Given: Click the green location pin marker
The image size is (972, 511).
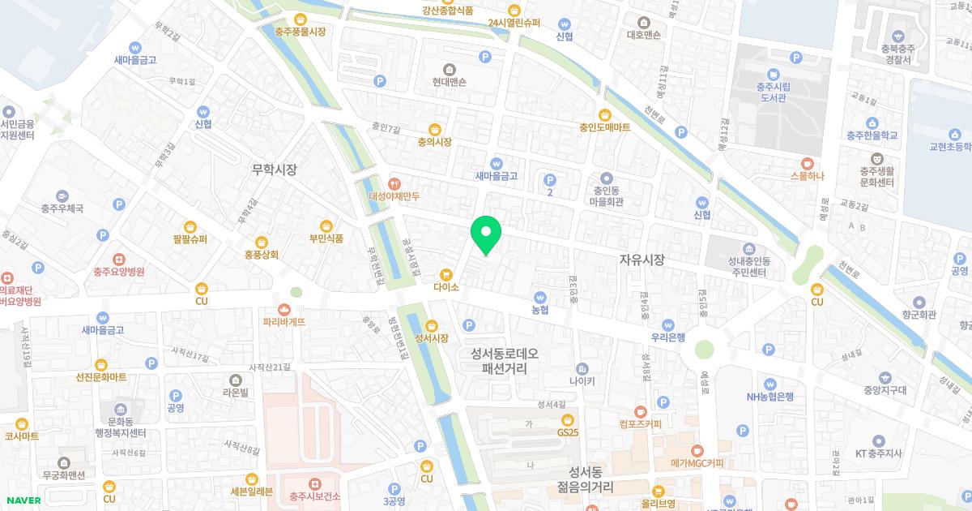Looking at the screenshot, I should coord(486,235).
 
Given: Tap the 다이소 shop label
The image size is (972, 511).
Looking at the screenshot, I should coord(446,287).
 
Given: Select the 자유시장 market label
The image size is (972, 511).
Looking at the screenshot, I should coord(642,260).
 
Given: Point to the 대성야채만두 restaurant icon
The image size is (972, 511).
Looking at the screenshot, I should coord(394,183).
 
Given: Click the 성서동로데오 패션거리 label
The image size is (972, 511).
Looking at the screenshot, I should coord(504,360).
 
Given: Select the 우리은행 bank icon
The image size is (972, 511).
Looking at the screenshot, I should coord(668,324).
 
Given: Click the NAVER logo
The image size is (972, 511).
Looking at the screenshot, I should coord(22,500).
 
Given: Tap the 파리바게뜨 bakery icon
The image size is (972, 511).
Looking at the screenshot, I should coord(284,309).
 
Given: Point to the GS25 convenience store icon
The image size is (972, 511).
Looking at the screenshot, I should coord(568,419).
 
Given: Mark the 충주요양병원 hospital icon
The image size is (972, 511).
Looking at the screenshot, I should coord(118,260).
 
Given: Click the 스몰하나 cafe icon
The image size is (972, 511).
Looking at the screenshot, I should coord(807,163).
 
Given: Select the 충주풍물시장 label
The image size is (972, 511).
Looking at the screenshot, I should coord(301,32).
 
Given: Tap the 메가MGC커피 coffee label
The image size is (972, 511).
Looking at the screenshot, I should coord(697,463).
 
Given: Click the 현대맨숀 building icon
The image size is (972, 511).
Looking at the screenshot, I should coord(450,68).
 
